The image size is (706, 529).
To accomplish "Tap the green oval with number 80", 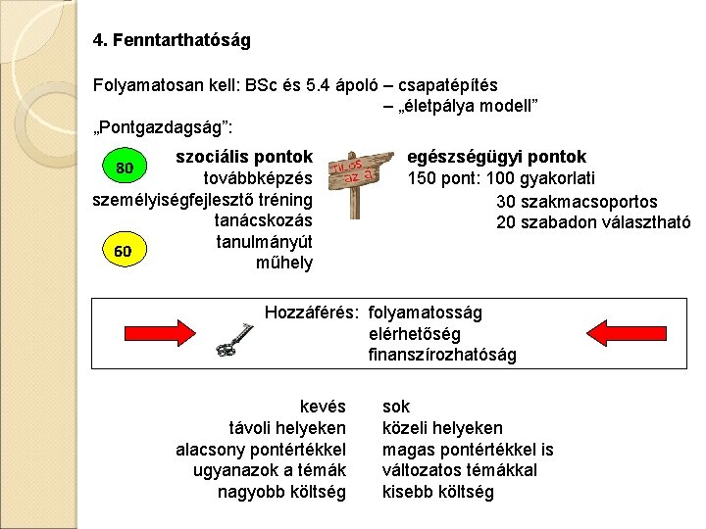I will pyautogui.click(x=125, y=167).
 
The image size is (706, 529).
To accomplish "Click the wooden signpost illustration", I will pyautogui.click(x=354, y=180).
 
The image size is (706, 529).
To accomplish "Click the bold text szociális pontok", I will pyautogui.click(x=243, y=157).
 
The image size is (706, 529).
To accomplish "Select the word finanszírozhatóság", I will pyautogui.click(x=442, y=354).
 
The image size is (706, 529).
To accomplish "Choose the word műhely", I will pyautogui.click(x=283, y=263).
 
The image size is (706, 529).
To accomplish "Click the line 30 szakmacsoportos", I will pyautogui.click(x=577, y=201).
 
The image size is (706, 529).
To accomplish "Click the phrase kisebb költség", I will pyautogui.click(x=437, y=492).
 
